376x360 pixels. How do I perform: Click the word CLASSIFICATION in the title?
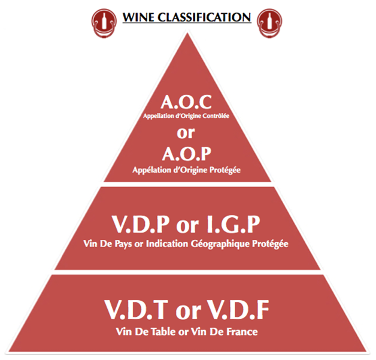coord(204,16)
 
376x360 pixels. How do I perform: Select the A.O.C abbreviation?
coord(187,103)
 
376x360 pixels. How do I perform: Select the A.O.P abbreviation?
coord(187,157)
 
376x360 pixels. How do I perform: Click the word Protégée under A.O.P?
coord(223,170)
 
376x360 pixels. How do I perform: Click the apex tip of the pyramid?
coord(188,33)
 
